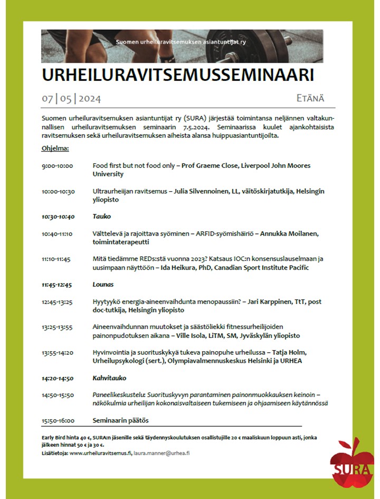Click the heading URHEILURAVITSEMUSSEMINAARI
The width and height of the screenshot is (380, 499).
pyautogui.click(x=178, y=75)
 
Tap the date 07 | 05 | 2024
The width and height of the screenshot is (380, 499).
pyautogui.click(x=71, y=99)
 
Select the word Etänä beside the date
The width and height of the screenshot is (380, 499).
pyautogui.click(x=310, y=98)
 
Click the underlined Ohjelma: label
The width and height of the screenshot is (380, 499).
pyautogui.click(x=55, y=148)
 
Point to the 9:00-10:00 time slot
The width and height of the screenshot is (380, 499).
pyautogui.click(x=58, y=166)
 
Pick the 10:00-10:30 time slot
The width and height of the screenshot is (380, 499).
pyautogui.click(x=58, y=192)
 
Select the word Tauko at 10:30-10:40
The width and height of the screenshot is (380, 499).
pyautogui.click(x=102, y=216)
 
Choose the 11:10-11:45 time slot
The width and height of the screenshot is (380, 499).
pyautogui.click(x=56, y=259)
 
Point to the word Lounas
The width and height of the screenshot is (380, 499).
pyautogui.click(x=103, y=285)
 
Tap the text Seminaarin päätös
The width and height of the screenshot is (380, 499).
pyautogui.click(x=121, y=421)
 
